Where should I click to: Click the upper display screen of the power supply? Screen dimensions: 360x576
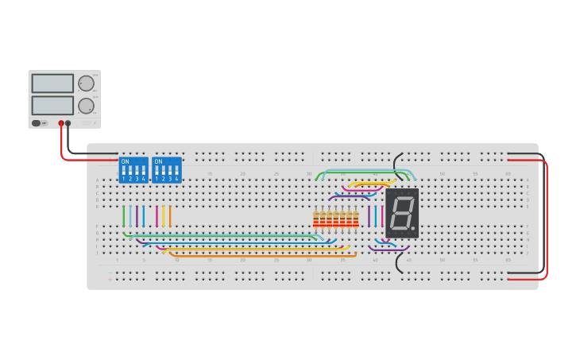[x=52, y=83]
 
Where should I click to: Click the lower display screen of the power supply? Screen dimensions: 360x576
[x=52, y=105]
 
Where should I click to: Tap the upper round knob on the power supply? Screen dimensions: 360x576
[x=86, y=83]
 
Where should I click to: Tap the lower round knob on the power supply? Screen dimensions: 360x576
[x=86, y=106]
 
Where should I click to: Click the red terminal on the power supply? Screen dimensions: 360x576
[x=60, y=123]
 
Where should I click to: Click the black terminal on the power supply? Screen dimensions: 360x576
[x=68, y=123]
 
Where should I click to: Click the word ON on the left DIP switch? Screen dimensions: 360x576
[x=125, y=162]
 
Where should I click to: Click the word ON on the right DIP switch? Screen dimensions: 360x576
[x=158, y=162]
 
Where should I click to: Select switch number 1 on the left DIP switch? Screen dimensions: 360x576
[x=123, y=172]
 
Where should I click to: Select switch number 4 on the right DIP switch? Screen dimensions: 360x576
[x=177, y=172]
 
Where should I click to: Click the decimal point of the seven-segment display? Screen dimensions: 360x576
[x=412, y=229]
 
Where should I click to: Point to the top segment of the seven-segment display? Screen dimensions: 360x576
[x=403, y=197]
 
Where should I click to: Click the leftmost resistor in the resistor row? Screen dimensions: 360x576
[x=316, y=219]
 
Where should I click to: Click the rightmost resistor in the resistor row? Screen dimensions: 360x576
[x=355, y=219]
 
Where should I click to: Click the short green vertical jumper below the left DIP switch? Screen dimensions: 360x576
[x=124, y=216]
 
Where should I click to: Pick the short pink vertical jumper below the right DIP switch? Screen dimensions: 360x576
[x=157, y=216]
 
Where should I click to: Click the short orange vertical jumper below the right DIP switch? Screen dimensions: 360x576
[x=170, y=216]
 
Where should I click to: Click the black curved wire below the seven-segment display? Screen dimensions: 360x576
[x=400, y=265]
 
